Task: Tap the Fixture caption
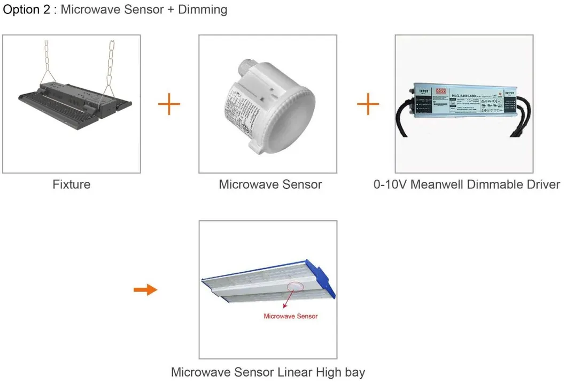[x=71, y=185]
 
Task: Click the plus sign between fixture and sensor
[x=169, y=104]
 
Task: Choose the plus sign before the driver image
[x=368, y=104]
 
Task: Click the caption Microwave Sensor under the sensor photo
[x=270, y=185]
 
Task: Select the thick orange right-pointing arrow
[x=145, y=290]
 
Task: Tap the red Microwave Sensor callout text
[x=291, y=316]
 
